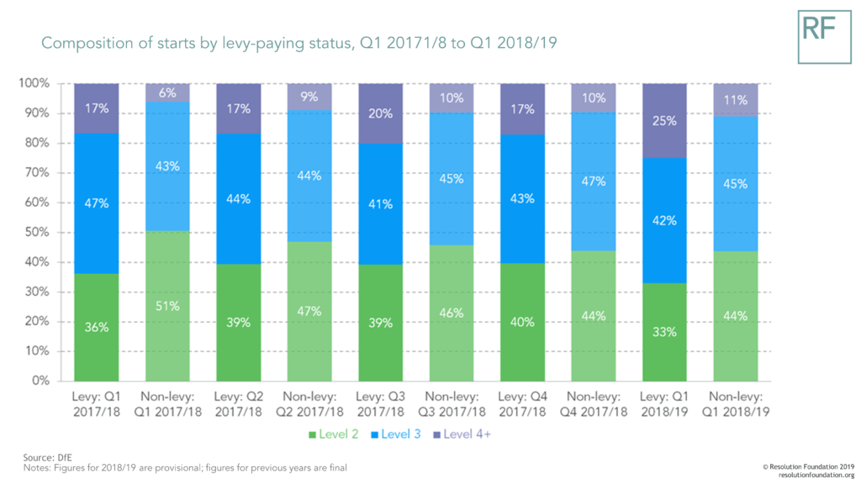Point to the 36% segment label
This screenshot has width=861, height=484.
point(97,327)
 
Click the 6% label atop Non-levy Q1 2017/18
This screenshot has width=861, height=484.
point(167,94)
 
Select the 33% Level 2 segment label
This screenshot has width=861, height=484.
point(664,331)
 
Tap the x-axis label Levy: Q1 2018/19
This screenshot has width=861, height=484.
point(664,404)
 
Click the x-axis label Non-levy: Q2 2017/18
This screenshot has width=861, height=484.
point(309,404)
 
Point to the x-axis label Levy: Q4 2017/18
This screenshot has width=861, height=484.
point(522,404)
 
